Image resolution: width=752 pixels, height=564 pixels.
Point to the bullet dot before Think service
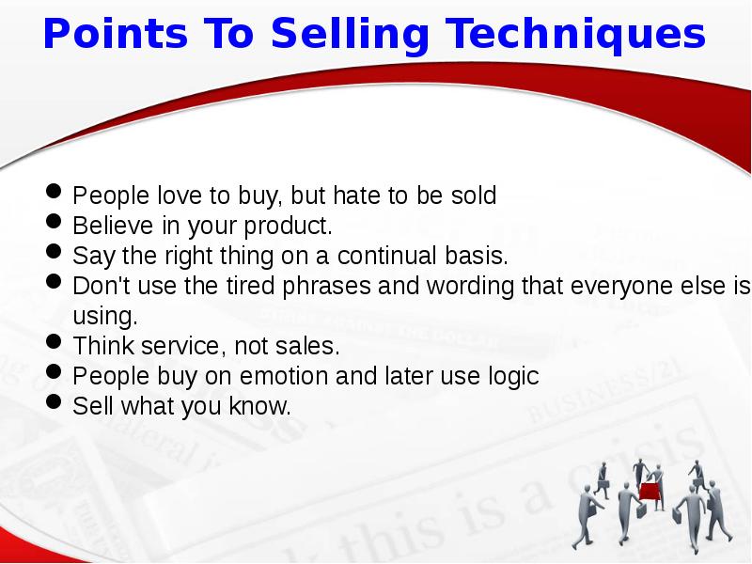tap(55, 344)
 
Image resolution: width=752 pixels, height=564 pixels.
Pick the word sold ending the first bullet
tap(472, 196)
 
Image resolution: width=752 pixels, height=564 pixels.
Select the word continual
tap(391, 256)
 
